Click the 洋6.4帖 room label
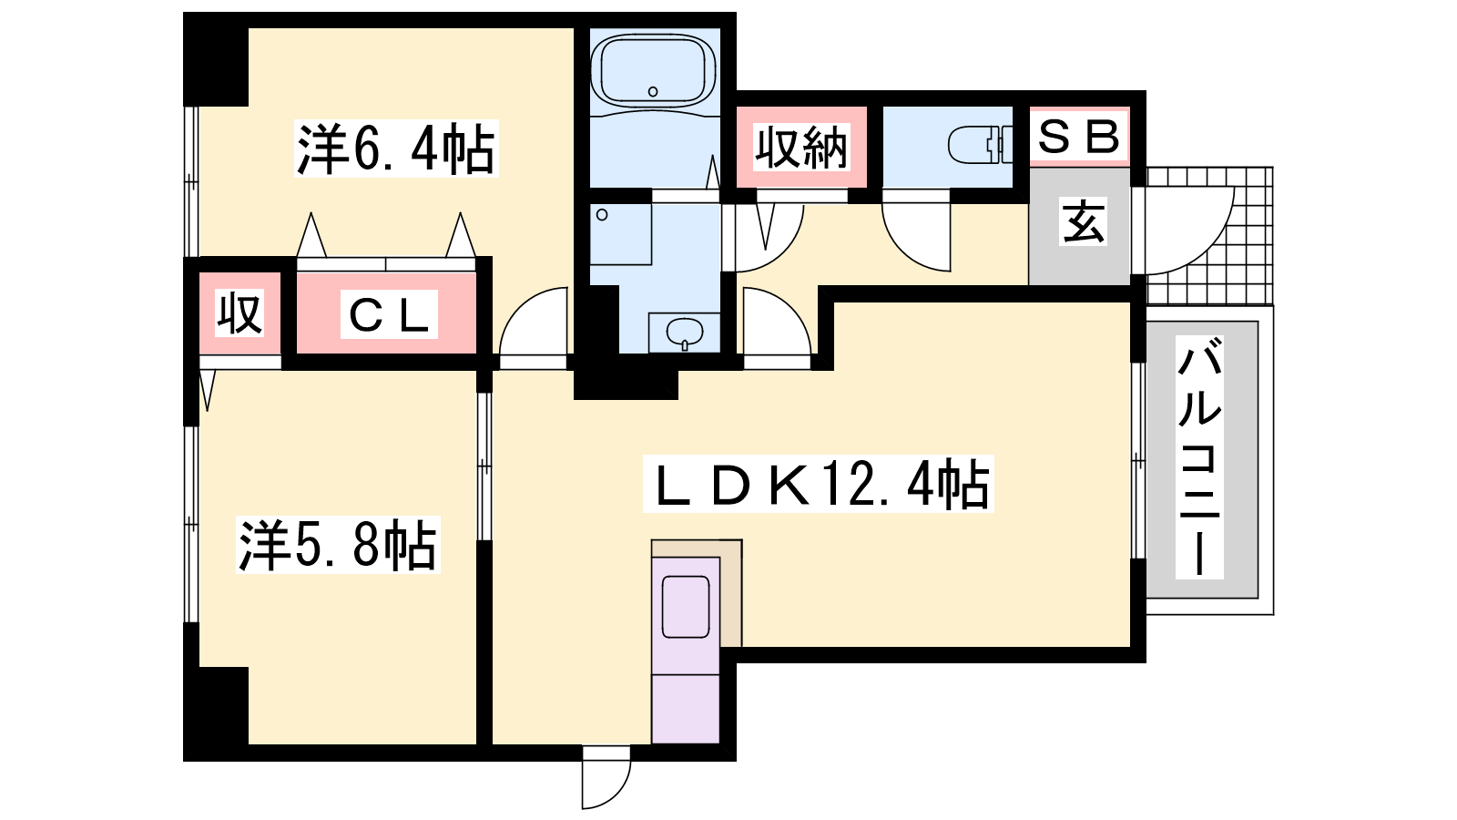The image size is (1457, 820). pyautogui.click(x=395, y=149)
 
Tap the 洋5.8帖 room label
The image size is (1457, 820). pyautogui.click(x=338, y=545)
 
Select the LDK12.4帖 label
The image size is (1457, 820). pyautogui.click(x=819, y=484)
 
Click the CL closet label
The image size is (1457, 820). pyautogui.click(x=389, y=315)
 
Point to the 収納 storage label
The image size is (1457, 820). pyautogui.click(x=801, y=147)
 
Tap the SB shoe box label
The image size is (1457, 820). pyautogui.click(x=1078, y=136)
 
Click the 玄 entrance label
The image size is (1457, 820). pyautogui.click(x=1083, y=222)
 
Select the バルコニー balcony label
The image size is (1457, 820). pyautogui.click(x=1199, y=456)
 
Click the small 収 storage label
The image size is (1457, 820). pyautogui.click(x=239, y=313)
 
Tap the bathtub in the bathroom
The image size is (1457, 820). pyautogui.click(x=653, y=72)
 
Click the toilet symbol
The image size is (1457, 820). pyautogui.click(x=980, y=145)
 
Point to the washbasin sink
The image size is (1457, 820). pyautogui.click(x=684, y=333)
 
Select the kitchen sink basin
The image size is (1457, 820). pyautogui.click(x=686, y=607)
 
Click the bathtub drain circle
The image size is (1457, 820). pyautogui.click(x=653, y=92)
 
